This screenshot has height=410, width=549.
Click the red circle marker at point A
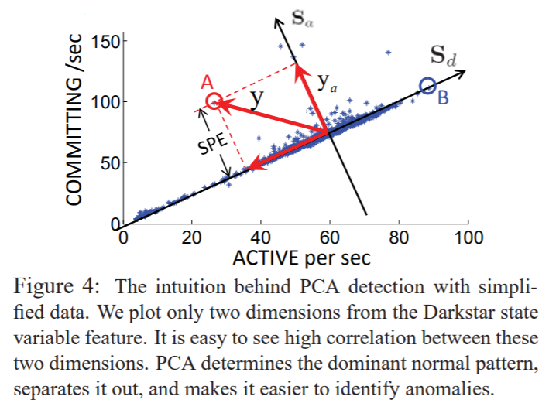coord(214,101)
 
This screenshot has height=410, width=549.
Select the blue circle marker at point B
coord(427,85)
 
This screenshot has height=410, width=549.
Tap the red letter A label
coord(206,82)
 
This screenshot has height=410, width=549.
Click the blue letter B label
coord(442,98)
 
